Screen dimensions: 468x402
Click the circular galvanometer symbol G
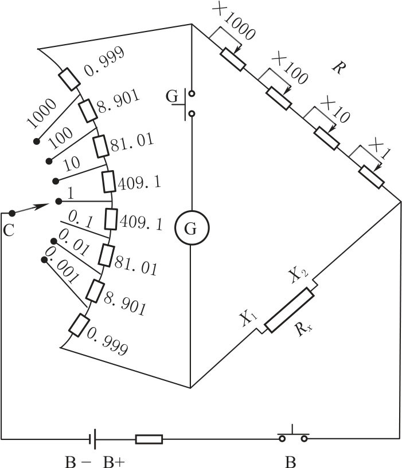(192, 229)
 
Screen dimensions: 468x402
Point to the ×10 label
(334, 108)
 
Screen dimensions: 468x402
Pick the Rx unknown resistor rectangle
(289, 310)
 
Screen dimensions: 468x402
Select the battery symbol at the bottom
(91, 439)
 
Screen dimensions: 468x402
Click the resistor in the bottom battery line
(149, 439)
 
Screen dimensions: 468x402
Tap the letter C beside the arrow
(9, 230)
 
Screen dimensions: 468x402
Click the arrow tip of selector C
(43, 204)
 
